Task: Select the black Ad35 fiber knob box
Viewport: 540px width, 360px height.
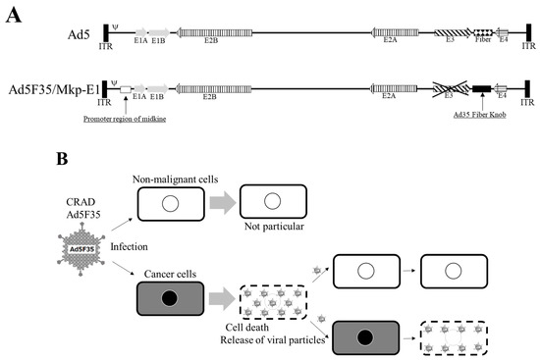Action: point(482,88)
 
